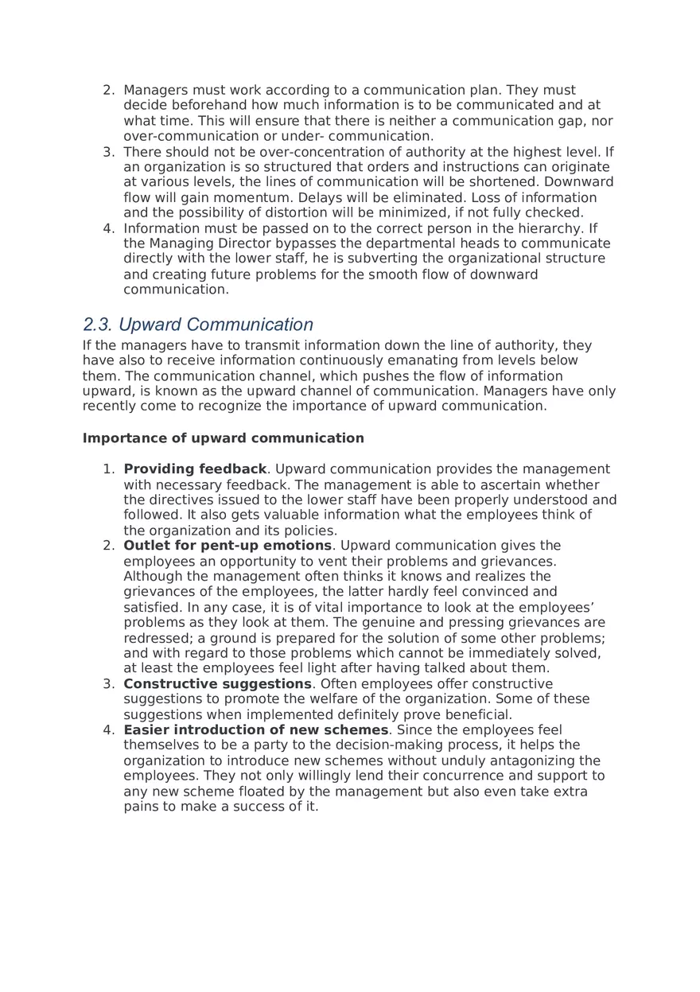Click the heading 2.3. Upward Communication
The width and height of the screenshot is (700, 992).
198,325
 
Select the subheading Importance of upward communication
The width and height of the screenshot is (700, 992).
223,438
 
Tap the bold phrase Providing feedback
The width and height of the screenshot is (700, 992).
195,469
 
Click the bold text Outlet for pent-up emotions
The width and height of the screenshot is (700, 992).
227,546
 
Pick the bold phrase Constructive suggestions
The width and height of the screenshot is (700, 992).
217,684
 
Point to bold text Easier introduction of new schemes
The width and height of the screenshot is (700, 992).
256,730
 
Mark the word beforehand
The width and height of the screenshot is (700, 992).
200,105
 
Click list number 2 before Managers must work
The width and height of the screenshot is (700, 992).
108,90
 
